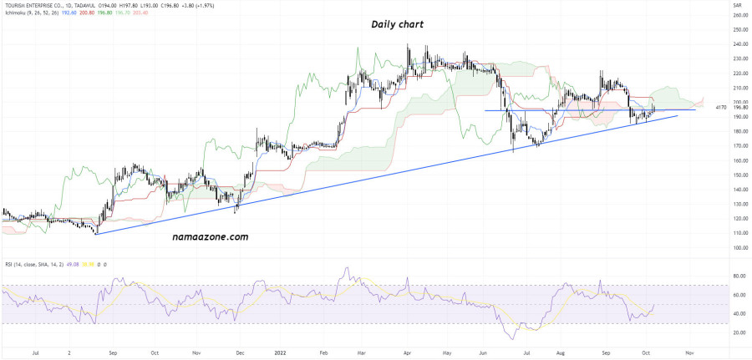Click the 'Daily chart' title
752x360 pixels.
point(398,25)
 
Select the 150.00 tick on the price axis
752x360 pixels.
point(739,175)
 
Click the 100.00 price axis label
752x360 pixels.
point(739,247)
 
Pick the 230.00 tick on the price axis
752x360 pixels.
point(739,58)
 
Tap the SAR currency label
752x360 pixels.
point(737,6)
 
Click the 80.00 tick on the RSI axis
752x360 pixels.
point(739,275)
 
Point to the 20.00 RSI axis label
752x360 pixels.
point(739,332)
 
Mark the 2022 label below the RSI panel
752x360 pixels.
point(282,353)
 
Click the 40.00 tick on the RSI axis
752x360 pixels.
point(739,314)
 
